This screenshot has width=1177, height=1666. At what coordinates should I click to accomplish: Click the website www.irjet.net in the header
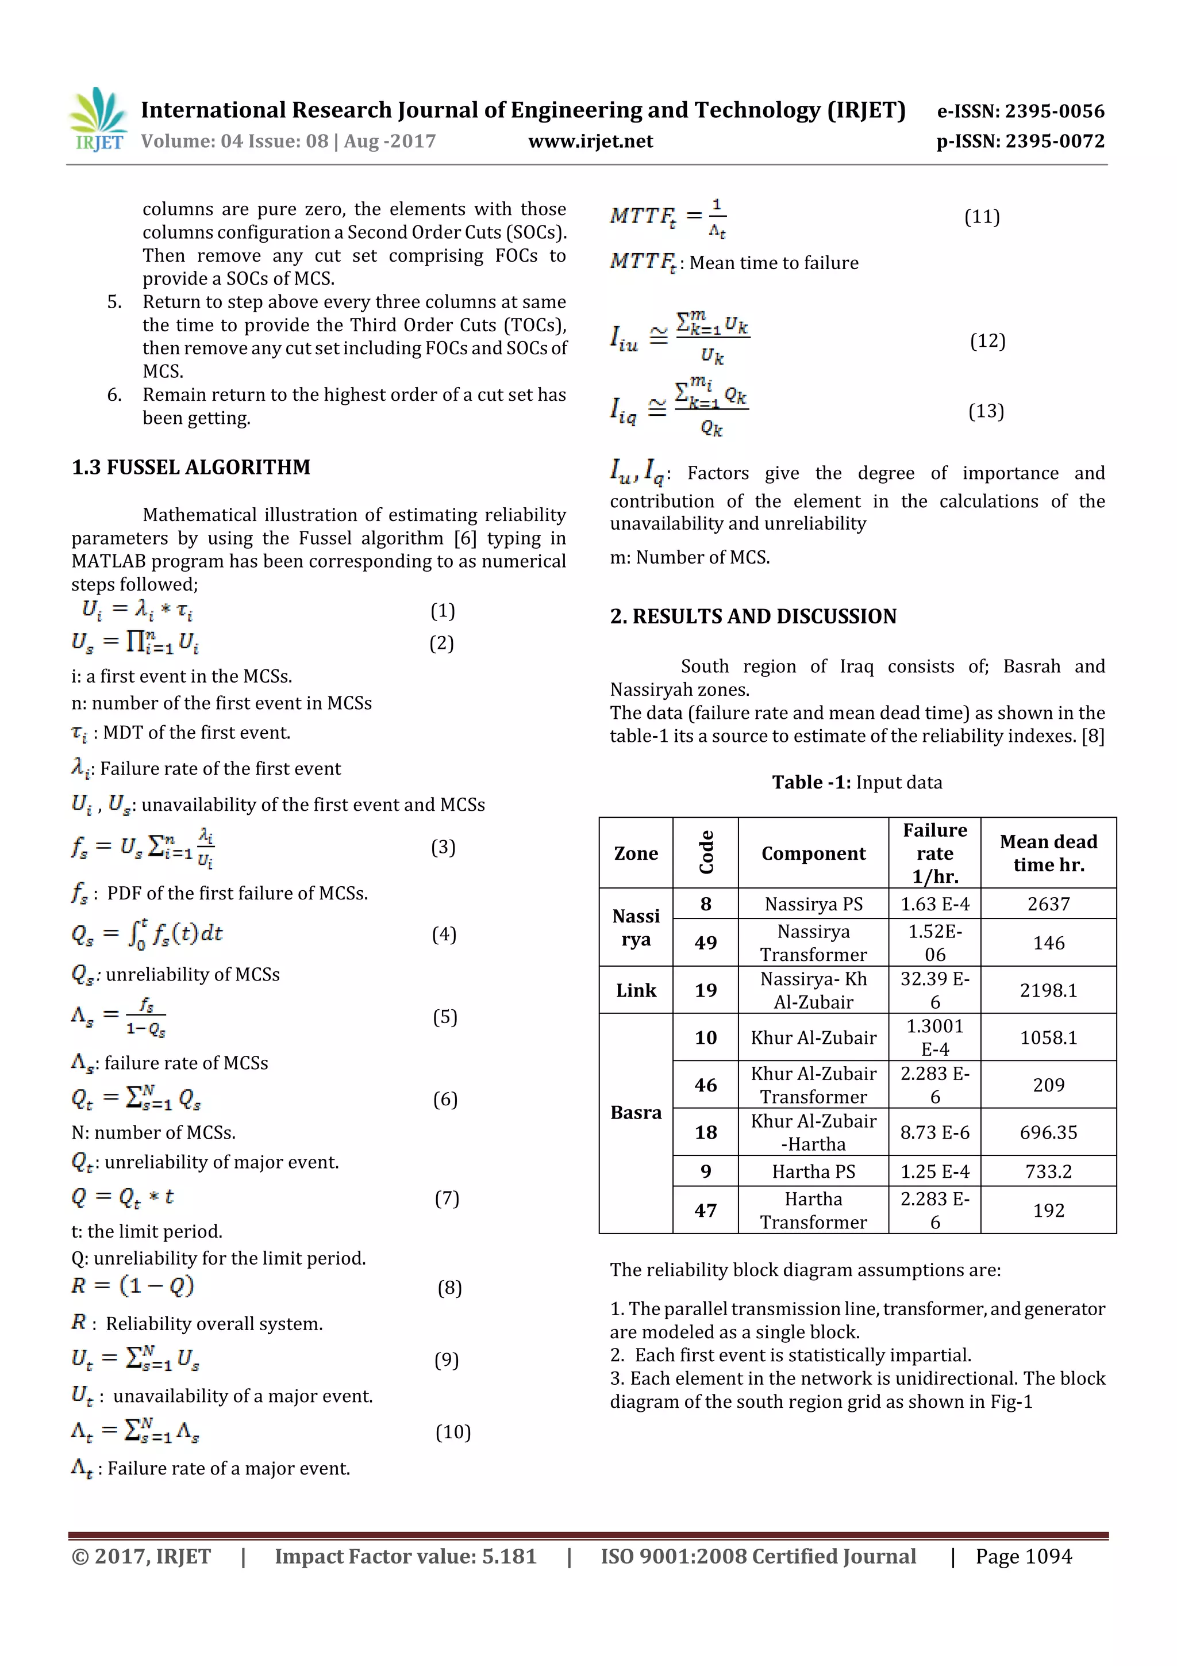[x=590, y=141]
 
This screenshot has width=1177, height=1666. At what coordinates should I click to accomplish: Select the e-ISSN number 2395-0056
[x=1020, y=111]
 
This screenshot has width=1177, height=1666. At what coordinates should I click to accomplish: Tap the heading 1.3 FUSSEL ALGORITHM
[x=191, y=468]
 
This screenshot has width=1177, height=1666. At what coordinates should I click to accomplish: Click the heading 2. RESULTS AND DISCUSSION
[x=753, y=616]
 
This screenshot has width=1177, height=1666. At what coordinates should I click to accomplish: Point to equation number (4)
[x=444, y=934]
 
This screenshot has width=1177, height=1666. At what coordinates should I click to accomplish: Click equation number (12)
[x=987, y=341]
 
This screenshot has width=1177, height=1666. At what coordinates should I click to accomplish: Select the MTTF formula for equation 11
[x=668, y=217]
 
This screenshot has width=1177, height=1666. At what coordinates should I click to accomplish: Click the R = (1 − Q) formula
[x=133, y=1286]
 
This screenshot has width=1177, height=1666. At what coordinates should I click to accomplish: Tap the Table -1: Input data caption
[x=856, y=782]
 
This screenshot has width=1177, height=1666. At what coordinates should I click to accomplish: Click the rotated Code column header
[x=706, y=853]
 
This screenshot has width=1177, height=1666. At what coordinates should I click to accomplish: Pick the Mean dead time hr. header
[x=1048, y=853]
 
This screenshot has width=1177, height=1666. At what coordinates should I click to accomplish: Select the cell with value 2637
[x=1048, y=904]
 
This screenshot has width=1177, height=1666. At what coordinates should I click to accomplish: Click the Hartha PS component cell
[x=813, y=1171]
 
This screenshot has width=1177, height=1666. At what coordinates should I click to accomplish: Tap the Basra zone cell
[x=636, y=1112]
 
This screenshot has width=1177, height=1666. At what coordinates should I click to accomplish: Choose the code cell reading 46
[x=706, y=1085]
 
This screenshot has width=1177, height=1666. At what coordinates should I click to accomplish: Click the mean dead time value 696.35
[x=1048, y=1132]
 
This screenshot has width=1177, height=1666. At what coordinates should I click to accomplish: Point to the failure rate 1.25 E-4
[x=934, y=1171]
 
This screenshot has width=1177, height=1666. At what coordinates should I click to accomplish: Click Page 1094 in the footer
[x=1022, y=1556]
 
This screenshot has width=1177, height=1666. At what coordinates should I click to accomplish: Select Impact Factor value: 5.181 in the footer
[x=405, y=1556]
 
